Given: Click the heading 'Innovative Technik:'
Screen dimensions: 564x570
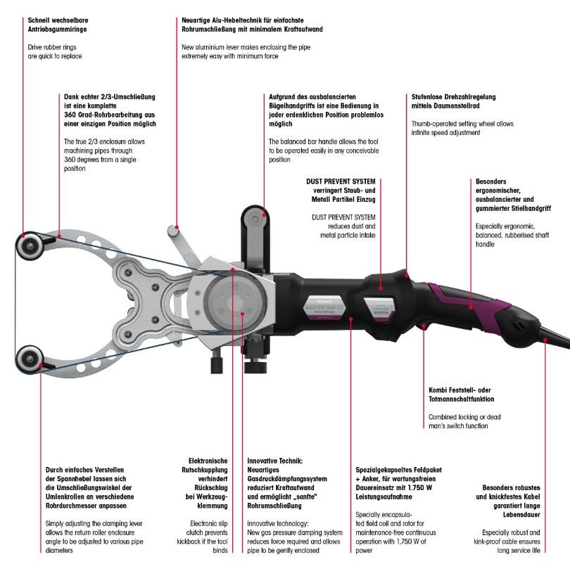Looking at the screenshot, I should click(x=274, y=461).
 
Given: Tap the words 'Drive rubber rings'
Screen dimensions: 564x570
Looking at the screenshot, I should click(x=49, y=47).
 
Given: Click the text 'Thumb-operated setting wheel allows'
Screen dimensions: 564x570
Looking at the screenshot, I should click(x=462, y=124).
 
